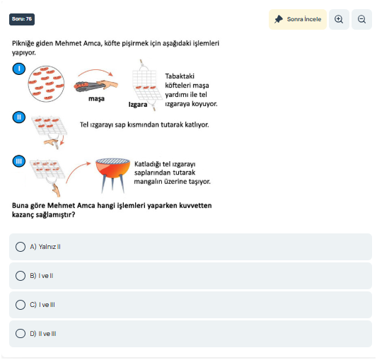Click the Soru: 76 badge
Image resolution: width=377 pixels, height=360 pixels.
point(22,19)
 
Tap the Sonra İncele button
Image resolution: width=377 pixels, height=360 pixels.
point(298,19)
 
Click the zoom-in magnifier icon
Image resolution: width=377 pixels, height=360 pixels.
point(339,19)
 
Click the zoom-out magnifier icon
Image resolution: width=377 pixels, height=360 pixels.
point(362,19)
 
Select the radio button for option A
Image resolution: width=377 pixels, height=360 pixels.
point(21,247)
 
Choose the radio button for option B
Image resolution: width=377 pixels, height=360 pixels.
point(21,276)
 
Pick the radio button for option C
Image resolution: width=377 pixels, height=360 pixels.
point(21,305)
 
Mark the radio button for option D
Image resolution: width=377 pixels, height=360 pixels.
point(21,334)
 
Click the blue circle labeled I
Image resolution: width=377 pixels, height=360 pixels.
point(19,69)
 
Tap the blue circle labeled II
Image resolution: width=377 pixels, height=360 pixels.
point(19,117)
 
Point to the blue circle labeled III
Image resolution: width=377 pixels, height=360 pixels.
point(19,161)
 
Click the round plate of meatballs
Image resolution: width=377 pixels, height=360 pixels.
point(46,84)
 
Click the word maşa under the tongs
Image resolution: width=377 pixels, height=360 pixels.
point(96,98)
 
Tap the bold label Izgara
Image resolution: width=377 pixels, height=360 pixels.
point(138,105)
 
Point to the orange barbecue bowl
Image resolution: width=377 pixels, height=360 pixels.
point(112,168)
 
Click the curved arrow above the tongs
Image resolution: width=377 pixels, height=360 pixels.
point(95,71)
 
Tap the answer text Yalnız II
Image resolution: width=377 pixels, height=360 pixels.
point(50,247)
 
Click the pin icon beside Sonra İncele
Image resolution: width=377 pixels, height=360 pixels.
point(279,19)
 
